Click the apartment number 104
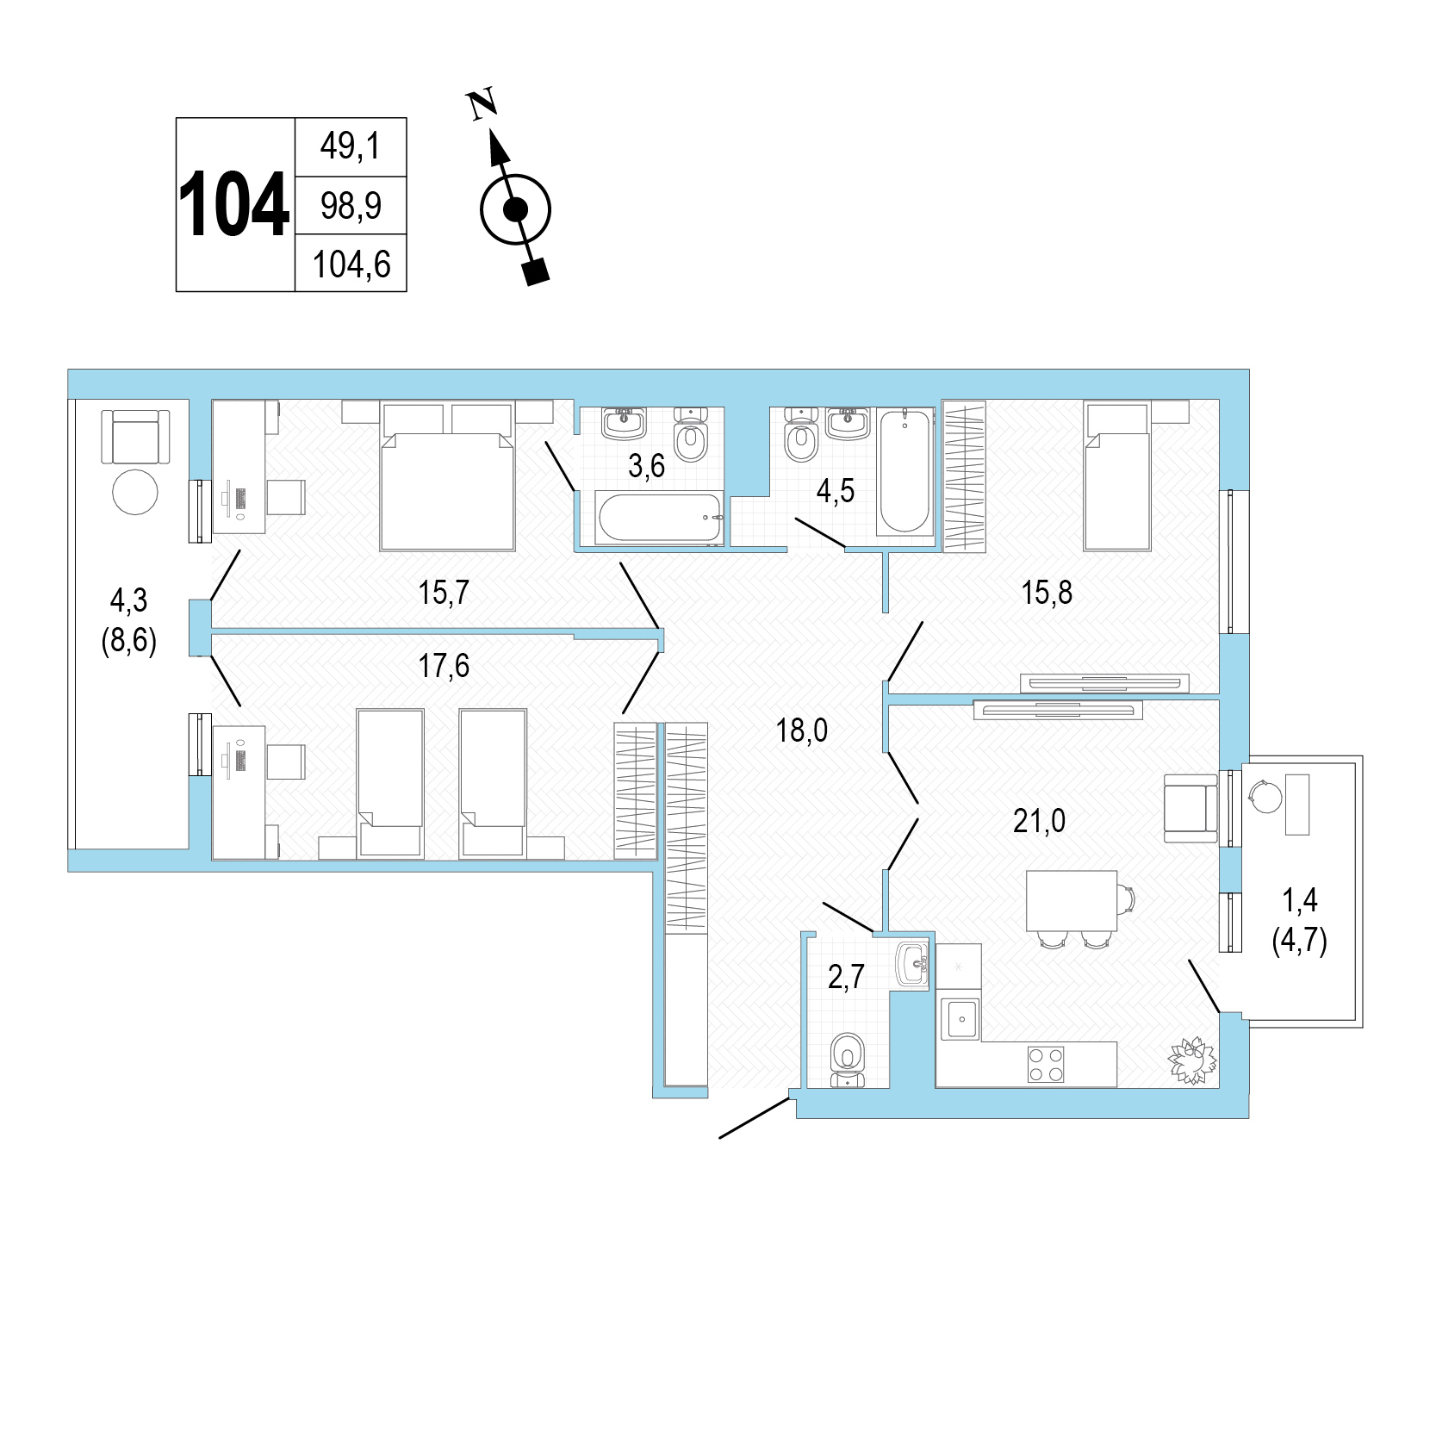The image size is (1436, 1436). pyautogui.click(x=233, y=205)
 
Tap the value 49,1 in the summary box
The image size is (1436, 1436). pyautogui.click(x=351, y=146)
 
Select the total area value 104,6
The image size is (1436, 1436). pyautogui.click(x=351, y=264)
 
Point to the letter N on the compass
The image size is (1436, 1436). pyautogui.click(x=482, y=103)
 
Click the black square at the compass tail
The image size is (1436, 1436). pyautogui.click(x=537, y=272)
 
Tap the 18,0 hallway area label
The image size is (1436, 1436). pyautogui.click(x=801, y=730)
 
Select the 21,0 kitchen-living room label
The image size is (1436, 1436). pyautogui.click(x=1039, y=821)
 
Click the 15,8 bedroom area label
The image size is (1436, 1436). pyautogui.click(x=1047, y=593)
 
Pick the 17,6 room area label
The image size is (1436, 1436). pyautogui.click(x=444, y=666)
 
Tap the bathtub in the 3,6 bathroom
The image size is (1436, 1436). pyautogui.click(x=659, y=518)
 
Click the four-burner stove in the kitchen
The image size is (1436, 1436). pyautogui.click(x=1046, y=1064)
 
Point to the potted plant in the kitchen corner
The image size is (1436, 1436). pyautogui.click(x=1192, y=1060)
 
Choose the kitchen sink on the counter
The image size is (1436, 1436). pyautogui.click(x=959, y=1019)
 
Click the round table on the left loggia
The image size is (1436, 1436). pyautogui.click(x=135, y=493)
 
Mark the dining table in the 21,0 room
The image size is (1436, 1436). pyautogui.click(x=1072, y=900)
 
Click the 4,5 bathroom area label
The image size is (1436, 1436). pyautogui.click(x=835, y=491)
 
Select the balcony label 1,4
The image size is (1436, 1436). pyautogui.click(x=1300, y=901)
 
